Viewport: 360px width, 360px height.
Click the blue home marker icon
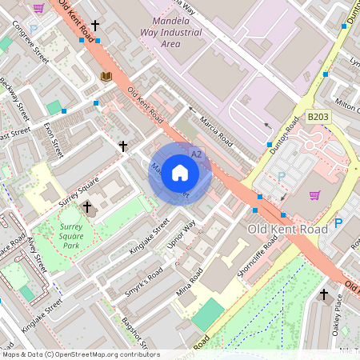[x=179, y=173]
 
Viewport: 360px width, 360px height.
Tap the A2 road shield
[x=197, y=154]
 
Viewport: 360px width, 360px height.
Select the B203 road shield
[x=318, y=117]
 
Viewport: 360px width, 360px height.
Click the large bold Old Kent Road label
[x=288, y=230]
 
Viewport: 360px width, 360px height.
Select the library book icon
[x=106, y=76]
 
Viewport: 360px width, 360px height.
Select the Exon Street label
[x=54, y=139]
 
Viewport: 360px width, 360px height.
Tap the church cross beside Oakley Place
[x=324, y=294]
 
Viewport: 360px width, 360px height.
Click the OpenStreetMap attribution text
[x=80, y=354]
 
